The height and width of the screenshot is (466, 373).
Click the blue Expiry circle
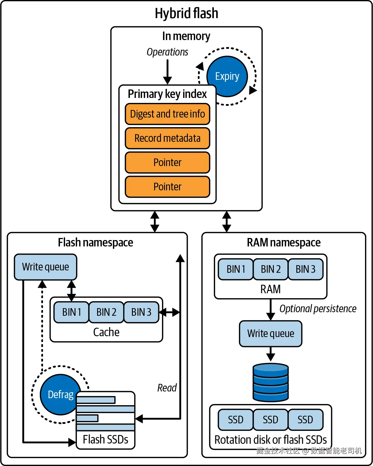pyautogui.click(x=227, y=76)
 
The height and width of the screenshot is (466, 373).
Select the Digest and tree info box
pyautogui.click(x=167, y=114)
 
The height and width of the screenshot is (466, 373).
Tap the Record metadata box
pyautogui.click(x=167, y=138)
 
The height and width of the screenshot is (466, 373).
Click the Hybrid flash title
pyautogui.click(x=186, y=13)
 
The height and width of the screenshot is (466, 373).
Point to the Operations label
pyautogui.click(x=167, y=52)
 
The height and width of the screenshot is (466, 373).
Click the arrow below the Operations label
pyautogui.click(x=167, y=72)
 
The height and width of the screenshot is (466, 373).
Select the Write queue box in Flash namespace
pyautogui.click(x=46, y=267)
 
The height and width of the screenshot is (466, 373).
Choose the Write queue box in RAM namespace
pyautogui.click(x=271, y=334)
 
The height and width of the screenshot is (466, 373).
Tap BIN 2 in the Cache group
pyautogui.click(x=106, y=312)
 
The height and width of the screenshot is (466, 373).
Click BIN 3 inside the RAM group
pyautogui.click(x=305, y=269)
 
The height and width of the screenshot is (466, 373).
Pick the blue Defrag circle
pyautogui.click(x=60, y=394)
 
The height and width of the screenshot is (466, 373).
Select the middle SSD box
pyautogui.click(x=270, y=420)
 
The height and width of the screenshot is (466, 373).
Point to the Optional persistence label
pyautogui.click(x=318, y=309)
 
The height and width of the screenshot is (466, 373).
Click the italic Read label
pyautogui.click(x=167, y=388)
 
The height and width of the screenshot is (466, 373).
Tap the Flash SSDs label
pyautogui.click(x=105, y=439)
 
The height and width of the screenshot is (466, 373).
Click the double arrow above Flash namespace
pyautogui.click(x=155, y=222)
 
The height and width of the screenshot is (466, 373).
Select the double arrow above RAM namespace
pyautogui.click(x=226, y=222)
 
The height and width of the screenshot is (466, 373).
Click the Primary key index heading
pyautogui.click(x=167, y=94)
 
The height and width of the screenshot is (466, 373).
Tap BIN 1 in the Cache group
pyautogui.click(x=71, y=312)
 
